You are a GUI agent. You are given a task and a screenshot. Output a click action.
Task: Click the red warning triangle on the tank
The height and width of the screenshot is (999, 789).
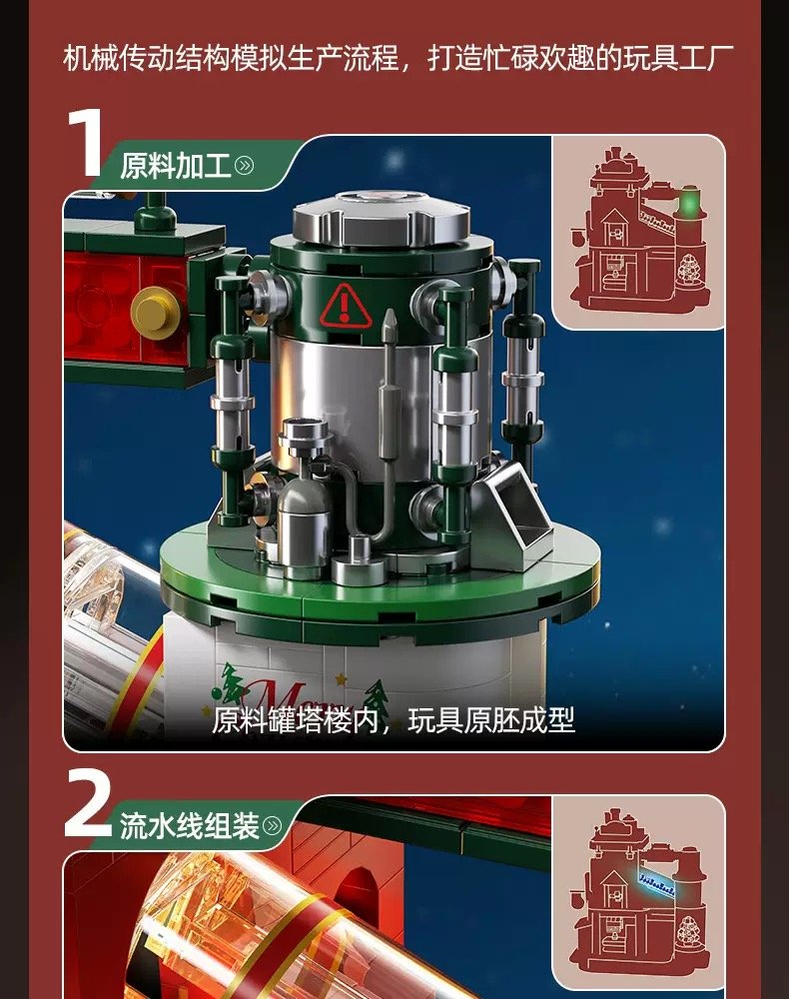pyautogui.click(x=345, y=307)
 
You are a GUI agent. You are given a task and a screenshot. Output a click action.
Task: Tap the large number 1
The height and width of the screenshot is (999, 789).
pyautogui.click(x=86, y=143)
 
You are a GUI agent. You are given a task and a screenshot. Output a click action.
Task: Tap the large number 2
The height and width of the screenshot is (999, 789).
pyautogui.click(x=88, y=804)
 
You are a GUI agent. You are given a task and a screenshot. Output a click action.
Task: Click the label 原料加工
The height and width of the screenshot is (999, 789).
pyautogui.click(x=175, y=166)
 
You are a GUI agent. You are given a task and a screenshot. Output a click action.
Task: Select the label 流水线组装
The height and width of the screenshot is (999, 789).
pyautogui.click(x=189, y=826)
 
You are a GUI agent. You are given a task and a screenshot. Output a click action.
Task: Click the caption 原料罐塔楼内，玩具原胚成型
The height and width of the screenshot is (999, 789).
pyautogui.click(x=393, y=720)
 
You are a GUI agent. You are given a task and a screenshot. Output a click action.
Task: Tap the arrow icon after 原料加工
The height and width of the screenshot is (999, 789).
pyautogui.click(x=244, y=166)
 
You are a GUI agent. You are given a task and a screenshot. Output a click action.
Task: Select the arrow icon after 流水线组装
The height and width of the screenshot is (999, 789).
pyautogui.click(x=272, y=826)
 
